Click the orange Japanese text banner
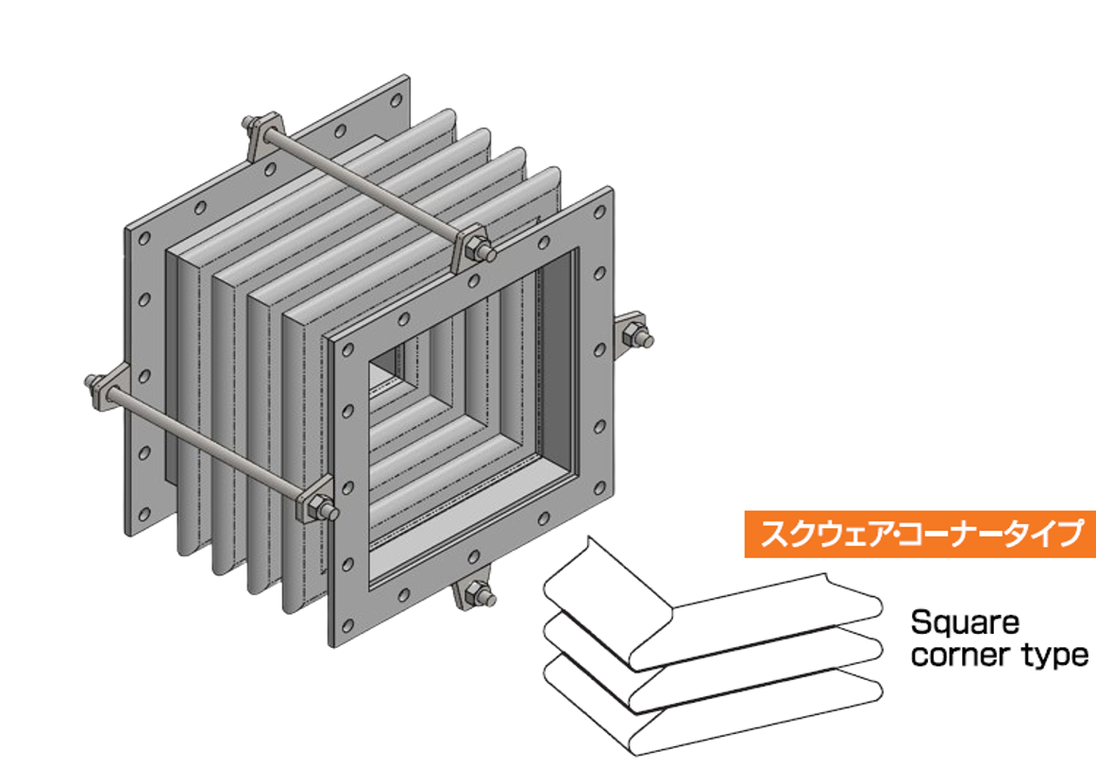tap(919, 535)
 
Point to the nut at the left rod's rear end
tap(98, 383)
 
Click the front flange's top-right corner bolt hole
tap(599, 212)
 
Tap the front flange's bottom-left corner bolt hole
tap(346, 623)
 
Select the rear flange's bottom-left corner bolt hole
tap(144, 514)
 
